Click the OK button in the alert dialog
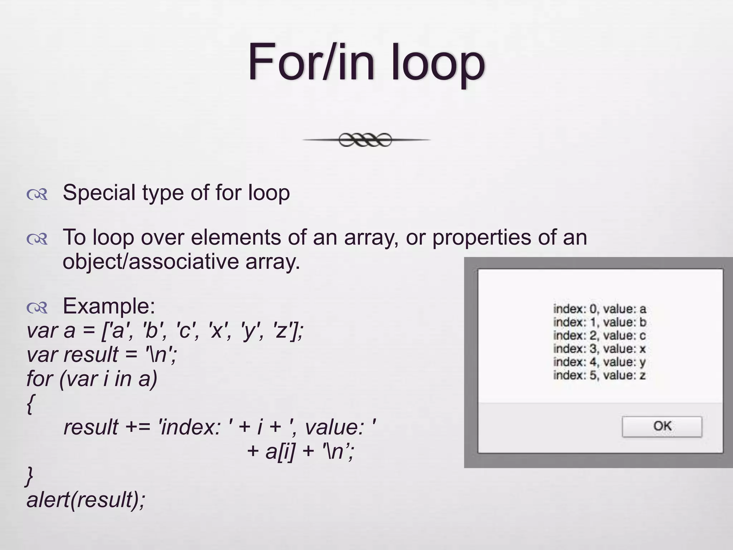[662, 426]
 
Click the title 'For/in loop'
[366, 63]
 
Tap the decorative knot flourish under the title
[366, 140]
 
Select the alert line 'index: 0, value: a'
[599, 309]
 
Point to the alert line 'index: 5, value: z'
[599, 375]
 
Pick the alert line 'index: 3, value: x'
[599, 349]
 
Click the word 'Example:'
[109, 306]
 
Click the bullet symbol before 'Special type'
[37, 194]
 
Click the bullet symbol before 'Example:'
[37, 308]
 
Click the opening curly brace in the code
[30, 404]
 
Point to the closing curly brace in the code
[29, 477]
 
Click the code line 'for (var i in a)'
[92, 378]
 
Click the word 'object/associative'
[151, 261]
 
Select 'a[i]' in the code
[280, 452]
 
